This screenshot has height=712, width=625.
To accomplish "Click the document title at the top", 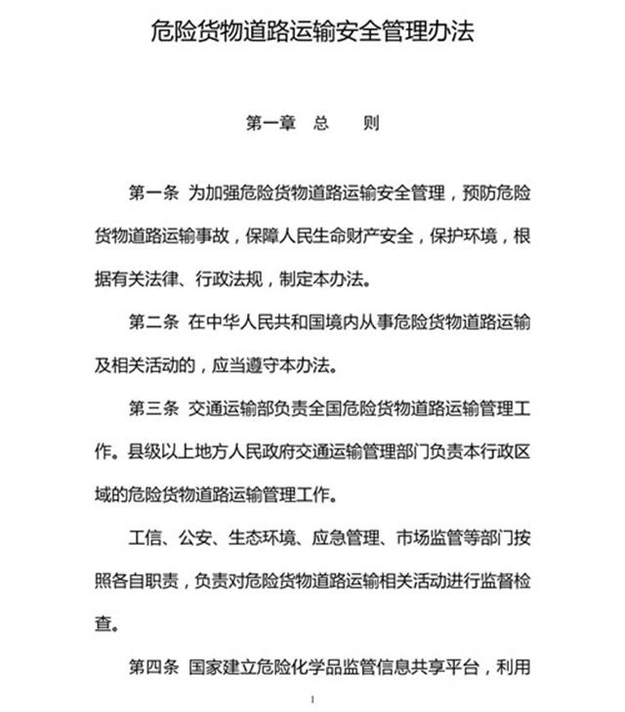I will [x=312, y=33].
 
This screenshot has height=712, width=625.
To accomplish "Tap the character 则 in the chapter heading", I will [x=371, y=125].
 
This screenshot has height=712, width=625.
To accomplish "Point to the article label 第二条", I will [x=152, y=322].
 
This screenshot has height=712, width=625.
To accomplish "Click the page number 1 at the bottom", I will [x=312, y=699].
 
